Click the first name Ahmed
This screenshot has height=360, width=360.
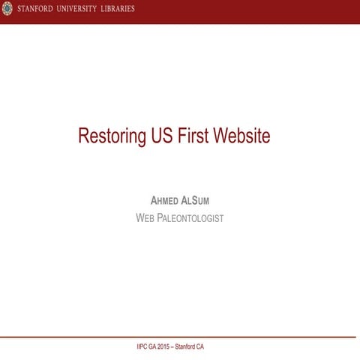[166, 201]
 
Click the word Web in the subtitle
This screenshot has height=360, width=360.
[145, 218]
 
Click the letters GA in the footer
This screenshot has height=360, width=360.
[150, 347]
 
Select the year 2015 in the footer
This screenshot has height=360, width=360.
[164, 347]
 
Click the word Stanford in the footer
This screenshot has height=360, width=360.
[190, 347]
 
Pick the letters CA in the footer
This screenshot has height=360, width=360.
[209, 347]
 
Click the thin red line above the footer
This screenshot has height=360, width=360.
[180, 337]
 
